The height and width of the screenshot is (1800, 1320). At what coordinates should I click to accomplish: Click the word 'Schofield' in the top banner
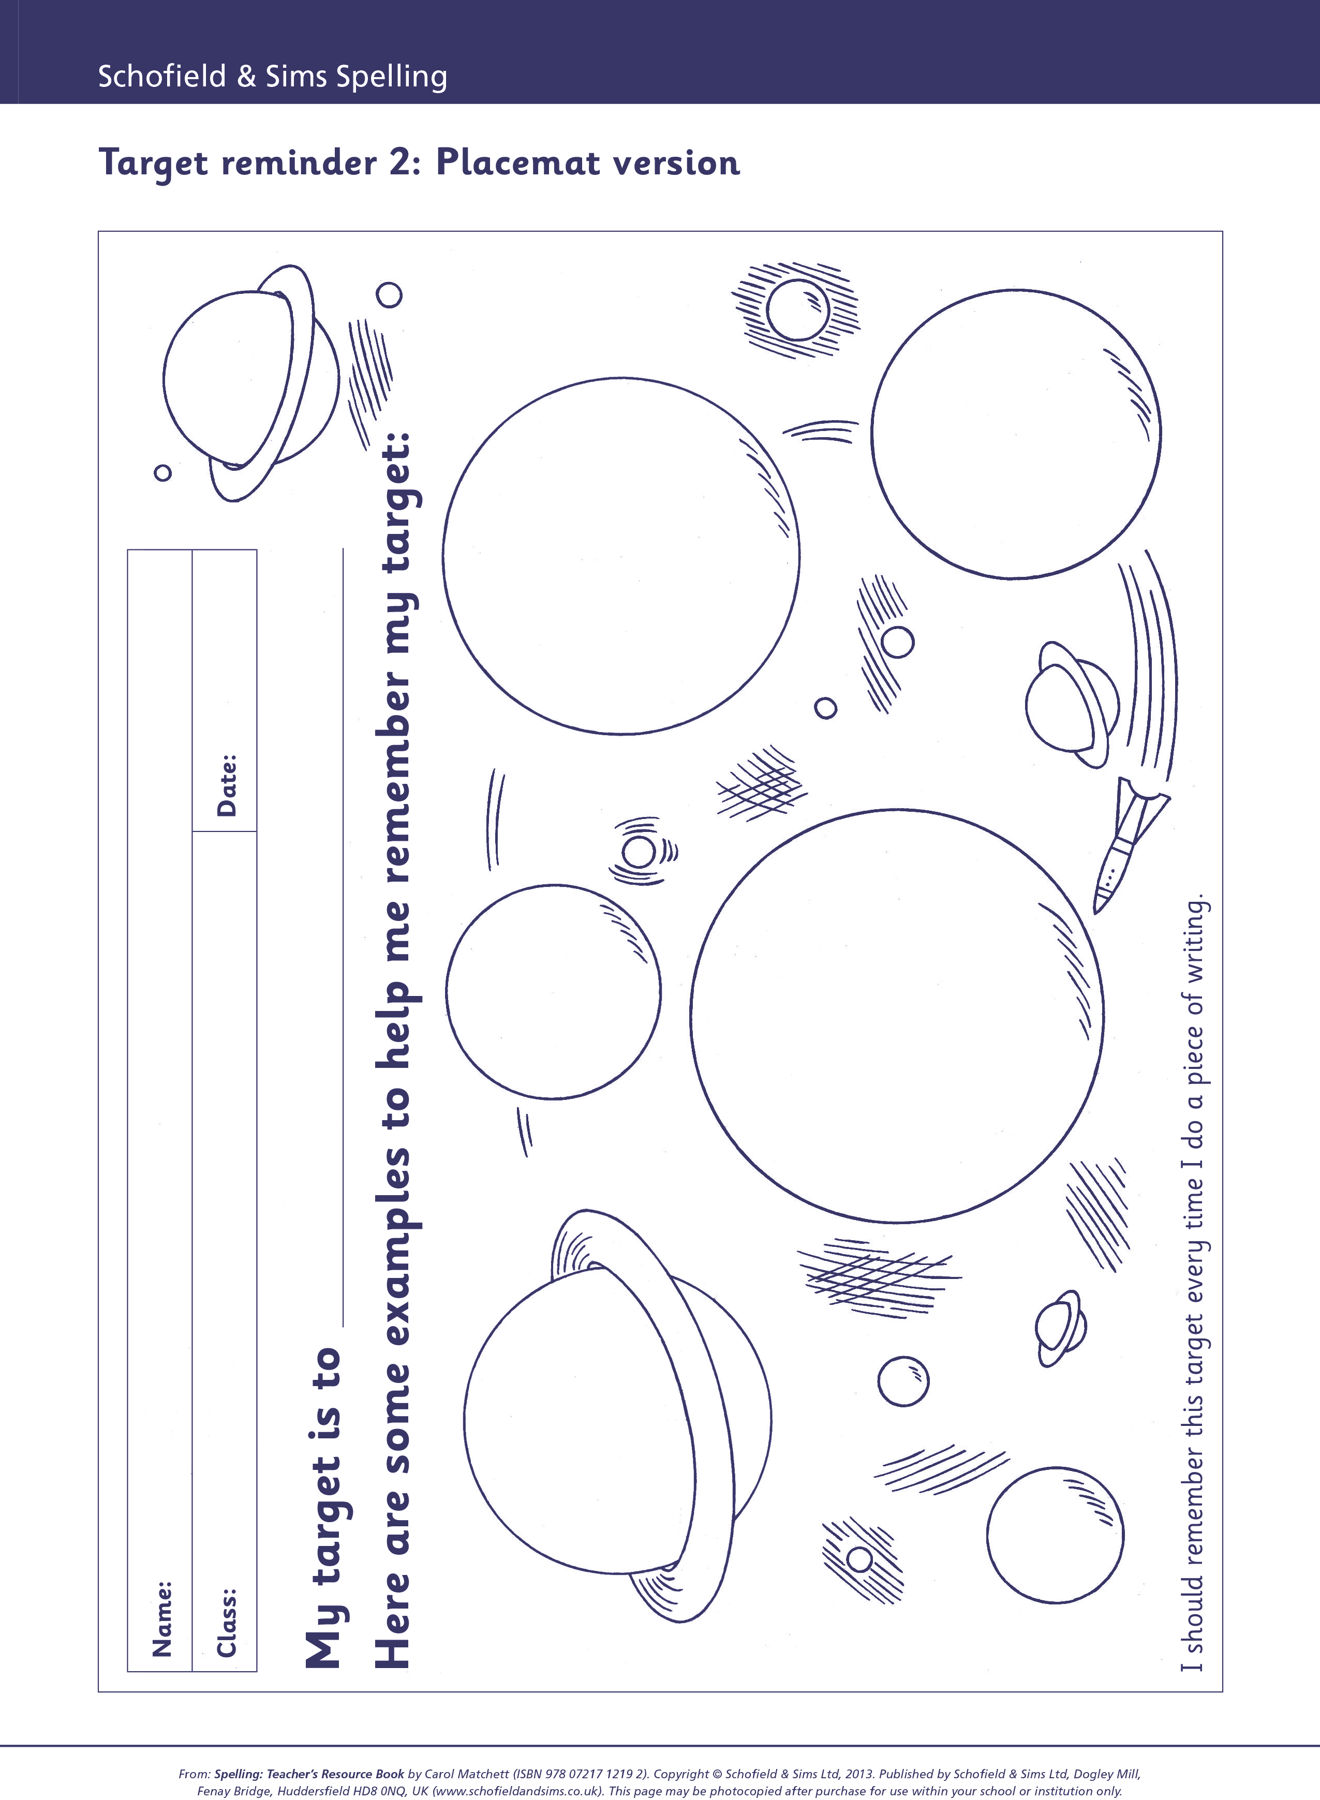tap(162, 76)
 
